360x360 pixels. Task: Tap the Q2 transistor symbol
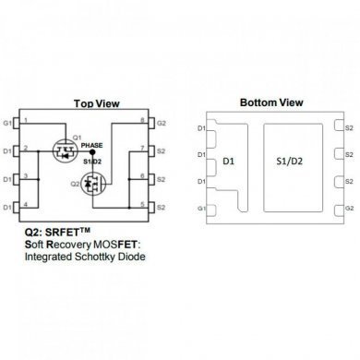[92, 186]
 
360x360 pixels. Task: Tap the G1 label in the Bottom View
[202, 210]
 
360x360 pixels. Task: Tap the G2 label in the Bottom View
[349, 210]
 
